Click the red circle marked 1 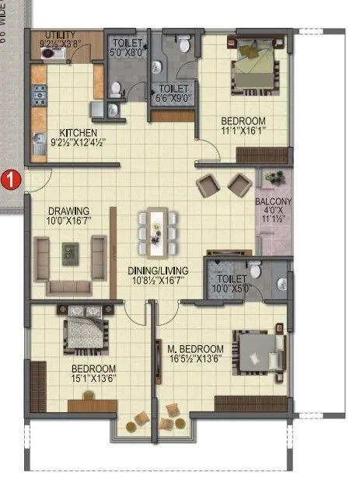(x=10, y=180)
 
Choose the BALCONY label (x=274, y=201)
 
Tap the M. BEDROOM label (x=196, y=348)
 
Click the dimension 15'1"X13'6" (x=94, y=379)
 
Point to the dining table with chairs (x=158, y=231)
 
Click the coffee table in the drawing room (x=71, y=250)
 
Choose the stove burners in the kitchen (x=39, y=96)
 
